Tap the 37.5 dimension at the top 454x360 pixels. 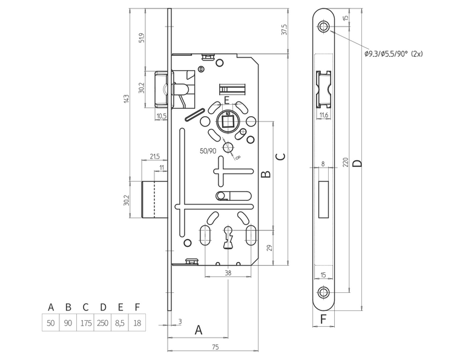[284, 30]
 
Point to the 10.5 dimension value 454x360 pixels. [162, 116]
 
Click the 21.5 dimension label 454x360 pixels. [155, 157]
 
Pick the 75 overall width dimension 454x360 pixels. [215, 347]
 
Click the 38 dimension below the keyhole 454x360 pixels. [228, 272]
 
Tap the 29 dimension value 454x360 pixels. [269, 247]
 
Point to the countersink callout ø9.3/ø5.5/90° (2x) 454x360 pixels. [393, 54]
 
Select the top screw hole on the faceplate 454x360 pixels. [324, 27]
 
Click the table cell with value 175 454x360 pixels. [86, 323]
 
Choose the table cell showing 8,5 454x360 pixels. [120, 323]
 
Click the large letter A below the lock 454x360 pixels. [197, 330]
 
